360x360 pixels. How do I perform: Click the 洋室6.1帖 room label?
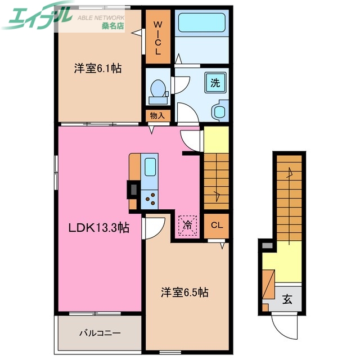(x=98, y=69)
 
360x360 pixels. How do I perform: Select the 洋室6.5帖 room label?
(x=185, y=292)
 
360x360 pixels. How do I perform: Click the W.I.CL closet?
(x=157, y=38)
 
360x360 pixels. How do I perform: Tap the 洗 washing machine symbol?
(x=215, y=83)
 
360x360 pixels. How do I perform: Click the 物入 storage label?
(x=157, y=116)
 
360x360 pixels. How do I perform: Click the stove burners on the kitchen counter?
(x=151, y=197)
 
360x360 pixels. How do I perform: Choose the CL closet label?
(x=217, y=226)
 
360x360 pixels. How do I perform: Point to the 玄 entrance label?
(x=287, y=299)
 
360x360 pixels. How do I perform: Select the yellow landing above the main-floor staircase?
(x=217, y=139)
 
